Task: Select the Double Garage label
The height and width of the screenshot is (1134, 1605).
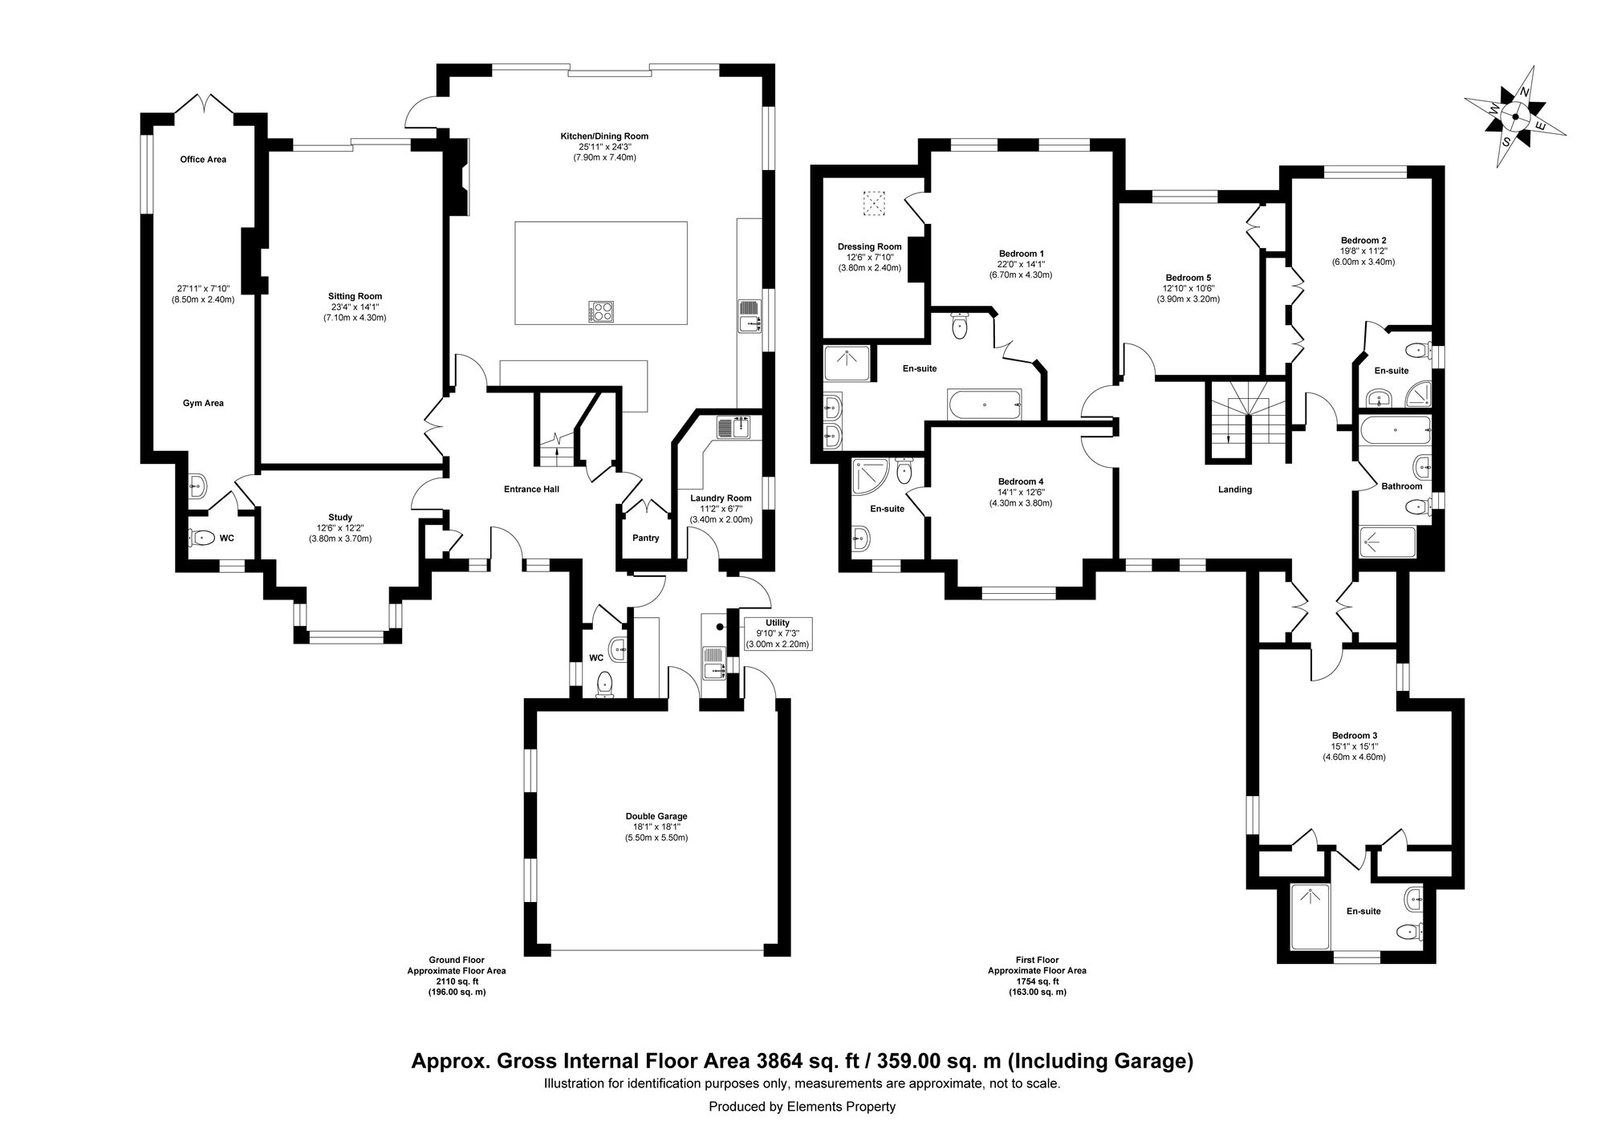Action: [x=657, y=816]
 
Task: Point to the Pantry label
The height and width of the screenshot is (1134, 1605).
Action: [x=645, y=538]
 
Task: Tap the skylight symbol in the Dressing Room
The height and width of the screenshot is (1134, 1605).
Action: [x=871, y=203]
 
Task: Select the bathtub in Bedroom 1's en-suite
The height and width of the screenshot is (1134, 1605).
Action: [x=984, y=404]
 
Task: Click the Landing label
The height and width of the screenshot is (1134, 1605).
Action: [x=1234, y=490]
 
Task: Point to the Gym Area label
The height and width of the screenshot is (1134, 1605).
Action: [x=203, y=403]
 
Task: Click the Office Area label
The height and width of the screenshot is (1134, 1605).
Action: [x=203, y=159]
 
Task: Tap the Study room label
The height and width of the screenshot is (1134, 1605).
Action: [x=340, y=517]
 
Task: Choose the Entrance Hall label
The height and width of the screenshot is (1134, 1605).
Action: [x=531, y=489]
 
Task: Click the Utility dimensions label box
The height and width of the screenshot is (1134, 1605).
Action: [x=778, y=633]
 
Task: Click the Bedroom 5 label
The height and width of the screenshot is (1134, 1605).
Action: [x=1188, y=278]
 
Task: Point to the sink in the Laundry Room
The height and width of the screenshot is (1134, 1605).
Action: [x=733, y=428]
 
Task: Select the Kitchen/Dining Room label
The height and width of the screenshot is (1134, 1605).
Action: [x=604, y=136]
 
